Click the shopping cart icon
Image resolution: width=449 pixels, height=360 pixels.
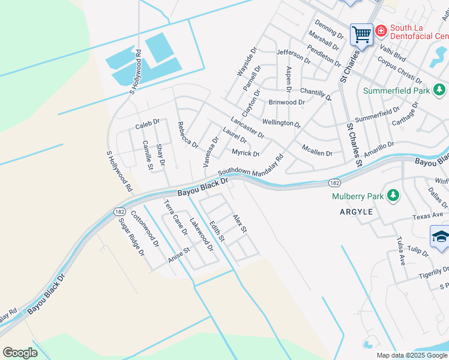click(x=361, y=34)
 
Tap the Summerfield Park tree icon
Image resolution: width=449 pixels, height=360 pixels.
click(x=440, y=91)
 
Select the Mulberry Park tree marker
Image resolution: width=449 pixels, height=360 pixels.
click(x=393, y=196)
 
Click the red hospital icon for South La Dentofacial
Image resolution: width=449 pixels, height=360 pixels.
click(x=381, y=29)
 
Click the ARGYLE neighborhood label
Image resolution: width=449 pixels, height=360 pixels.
click(x=356, y=212)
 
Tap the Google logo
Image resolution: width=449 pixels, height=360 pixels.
click(x=20, y=353)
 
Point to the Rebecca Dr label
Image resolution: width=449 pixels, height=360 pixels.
click(x=187, y=136)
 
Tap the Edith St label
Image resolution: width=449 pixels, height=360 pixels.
click(x=217, y=233)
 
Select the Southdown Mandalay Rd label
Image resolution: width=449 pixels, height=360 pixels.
click(x=250, y=166)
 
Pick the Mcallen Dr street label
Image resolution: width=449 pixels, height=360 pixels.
click(x=317, y=153)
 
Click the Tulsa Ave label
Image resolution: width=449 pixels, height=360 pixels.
click(x=400, y=251)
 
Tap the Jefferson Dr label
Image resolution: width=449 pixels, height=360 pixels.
click(x=294, y=56)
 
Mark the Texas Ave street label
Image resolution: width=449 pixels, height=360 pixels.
click(x=428, y=216)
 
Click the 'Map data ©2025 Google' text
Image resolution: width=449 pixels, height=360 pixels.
click(x=411, y=355)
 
